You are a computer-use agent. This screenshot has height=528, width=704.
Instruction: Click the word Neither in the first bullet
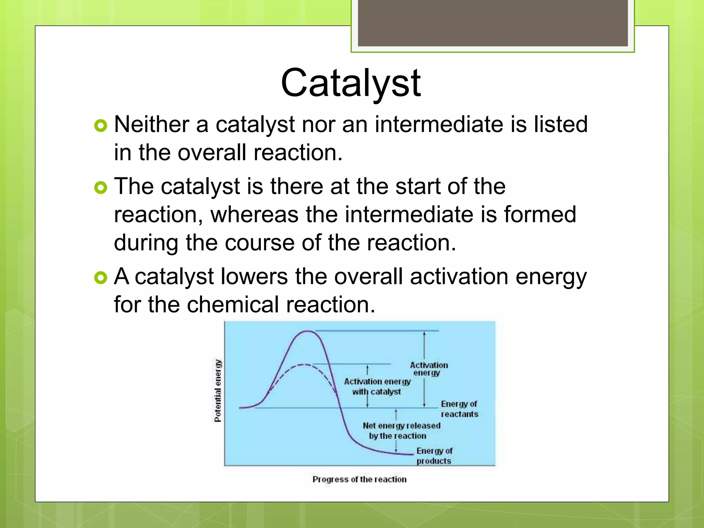tap(151, 124)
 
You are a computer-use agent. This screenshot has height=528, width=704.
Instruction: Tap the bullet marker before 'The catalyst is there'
tap(100, 188)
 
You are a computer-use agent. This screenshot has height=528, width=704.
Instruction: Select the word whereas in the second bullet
tap(254, 214)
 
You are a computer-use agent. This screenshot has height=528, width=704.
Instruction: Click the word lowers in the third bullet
tap(254, 276)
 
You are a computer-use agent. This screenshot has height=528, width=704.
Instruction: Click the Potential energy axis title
tap(218, 391)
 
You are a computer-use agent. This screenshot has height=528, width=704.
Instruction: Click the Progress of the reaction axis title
tap(359, 479)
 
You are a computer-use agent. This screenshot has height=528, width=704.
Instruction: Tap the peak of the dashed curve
tap(304, 364)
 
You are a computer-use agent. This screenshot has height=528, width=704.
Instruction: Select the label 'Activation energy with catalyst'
tap(377, 386)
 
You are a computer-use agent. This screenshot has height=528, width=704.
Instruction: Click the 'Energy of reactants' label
tap(459, 409)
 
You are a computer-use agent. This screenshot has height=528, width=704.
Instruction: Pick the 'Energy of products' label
tap(434, 455)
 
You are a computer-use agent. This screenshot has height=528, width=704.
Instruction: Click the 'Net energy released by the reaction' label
tap(401, 430)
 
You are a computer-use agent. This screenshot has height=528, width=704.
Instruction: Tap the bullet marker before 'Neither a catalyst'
tap(100, 126)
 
